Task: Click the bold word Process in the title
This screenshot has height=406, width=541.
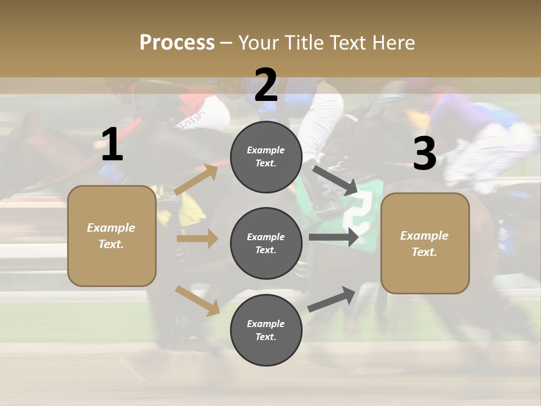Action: coord(177,42)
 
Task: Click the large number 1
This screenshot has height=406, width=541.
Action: coord(112,144)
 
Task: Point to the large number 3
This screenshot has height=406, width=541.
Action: coord(424,153)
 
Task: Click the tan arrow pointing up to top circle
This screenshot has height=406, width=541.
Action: coord(197,179)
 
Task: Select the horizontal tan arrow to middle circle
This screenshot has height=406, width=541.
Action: coord(197,239)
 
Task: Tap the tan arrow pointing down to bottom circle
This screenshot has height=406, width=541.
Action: coord(198,301)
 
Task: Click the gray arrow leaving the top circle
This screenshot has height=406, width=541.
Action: coord(335,180)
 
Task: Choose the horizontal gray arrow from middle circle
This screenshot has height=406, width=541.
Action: coord(334,237)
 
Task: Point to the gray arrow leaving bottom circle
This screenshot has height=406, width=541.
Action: coord(332,299)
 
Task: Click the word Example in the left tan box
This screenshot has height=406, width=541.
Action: coord(111,228)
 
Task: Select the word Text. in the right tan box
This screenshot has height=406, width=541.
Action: coord(424,252)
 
